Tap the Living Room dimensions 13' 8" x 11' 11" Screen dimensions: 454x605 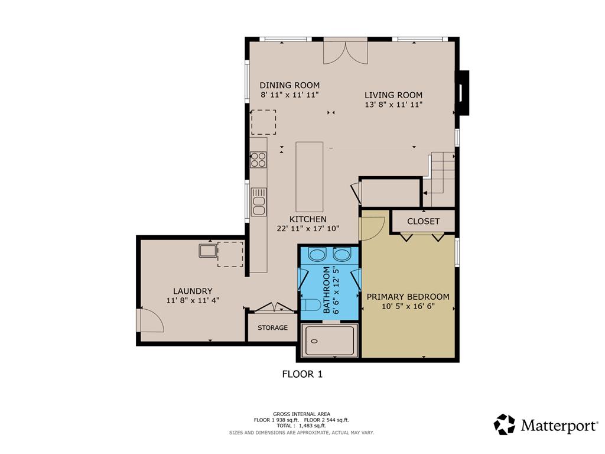(393, 105)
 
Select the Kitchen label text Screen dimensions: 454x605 (308, 219)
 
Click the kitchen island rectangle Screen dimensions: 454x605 (309, 176)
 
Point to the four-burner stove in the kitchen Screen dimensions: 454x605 (258, 160)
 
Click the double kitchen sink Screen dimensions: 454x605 (258, 202)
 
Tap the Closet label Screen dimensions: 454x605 (424, 221)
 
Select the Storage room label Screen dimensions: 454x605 (272, 327)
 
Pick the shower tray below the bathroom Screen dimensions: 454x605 (330, 340)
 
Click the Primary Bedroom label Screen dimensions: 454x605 (408, 297)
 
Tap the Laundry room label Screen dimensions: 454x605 (193, 291)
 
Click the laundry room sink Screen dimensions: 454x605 (207, 251)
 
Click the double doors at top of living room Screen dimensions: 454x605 (346, 51)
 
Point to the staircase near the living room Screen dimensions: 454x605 (441, 177)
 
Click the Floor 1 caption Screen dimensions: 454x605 (302, 374)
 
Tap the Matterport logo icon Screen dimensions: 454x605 (504, 424)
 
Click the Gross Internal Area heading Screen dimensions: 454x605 (301, 414)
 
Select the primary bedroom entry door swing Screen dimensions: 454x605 (372, 228)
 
